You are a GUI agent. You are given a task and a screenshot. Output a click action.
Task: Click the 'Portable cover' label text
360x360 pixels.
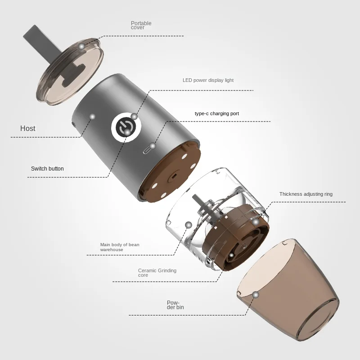pos(141,25)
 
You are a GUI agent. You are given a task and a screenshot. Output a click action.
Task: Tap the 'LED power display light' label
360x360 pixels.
pos(208,80)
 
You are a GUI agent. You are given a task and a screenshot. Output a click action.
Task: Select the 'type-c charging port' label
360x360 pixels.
pos(217,113)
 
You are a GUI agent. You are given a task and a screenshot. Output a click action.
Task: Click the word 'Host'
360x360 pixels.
pos(28,128)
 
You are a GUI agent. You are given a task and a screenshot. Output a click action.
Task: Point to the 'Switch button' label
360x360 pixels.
pos(47,168)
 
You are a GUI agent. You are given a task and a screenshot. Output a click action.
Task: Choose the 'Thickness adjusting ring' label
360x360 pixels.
pos(306,194)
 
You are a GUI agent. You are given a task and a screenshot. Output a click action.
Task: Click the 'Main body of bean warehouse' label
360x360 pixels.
pos(120,247)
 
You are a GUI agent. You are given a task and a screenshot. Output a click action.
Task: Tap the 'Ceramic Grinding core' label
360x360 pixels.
pos(157,273)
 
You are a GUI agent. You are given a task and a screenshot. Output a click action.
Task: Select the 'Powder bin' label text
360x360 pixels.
pos(175,305)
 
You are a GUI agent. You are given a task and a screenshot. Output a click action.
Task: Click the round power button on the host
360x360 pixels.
pos(123,127)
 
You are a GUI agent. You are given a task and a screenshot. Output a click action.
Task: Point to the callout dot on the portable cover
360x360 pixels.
pos(81,46)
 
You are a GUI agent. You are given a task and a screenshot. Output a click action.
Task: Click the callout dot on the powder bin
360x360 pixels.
pos(256,295)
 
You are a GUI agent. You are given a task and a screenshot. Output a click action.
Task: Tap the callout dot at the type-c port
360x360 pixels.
pos(153,145)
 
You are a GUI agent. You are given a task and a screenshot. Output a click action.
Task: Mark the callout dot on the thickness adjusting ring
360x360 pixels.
pos(255,222)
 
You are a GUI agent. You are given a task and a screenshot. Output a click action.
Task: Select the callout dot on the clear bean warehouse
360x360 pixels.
pos(189,225)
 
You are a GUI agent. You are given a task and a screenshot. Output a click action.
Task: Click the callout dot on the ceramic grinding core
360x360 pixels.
pos(231,255)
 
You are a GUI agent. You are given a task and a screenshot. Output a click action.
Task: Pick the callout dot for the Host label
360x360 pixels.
pos(92,117)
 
